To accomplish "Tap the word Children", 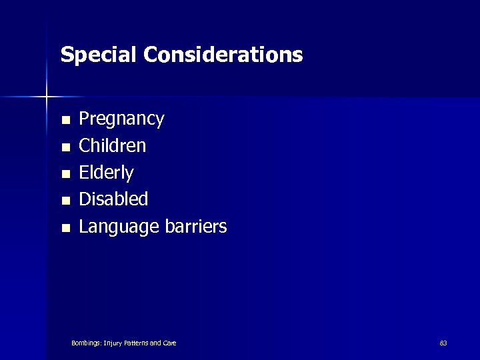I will tap(112, 145).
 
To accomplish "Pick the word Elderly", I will tap(106, 173).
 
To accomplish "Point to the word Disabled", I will tap(113, 199).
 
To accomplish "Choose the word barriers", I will tap(195, 227).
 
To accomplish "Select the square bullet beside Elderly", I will tap(65, 175).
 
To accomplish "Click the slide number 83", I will tap(443, 343).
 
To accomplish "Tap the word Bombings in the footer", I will tap(86, 343).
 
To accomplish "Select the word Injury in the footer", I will tap(112, 343).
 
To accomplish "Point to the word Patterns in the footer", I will tap(135, 343).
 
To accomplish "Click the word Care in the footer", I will tap(169, 343).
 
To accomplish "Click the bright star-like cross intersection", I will tap(47, 97).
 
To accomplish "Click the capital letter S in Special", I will tap(66, 55).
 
